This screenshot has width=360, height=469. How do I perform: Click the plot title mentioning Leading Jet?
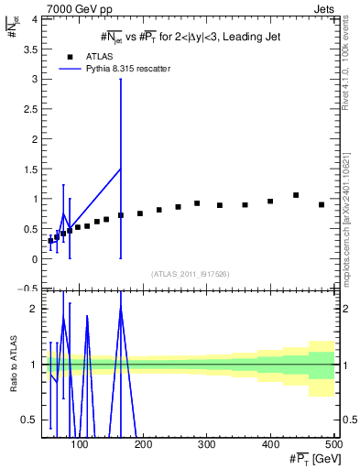[190, 36]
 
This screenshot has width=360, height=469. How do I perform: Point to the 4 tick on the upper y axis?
[32, 19]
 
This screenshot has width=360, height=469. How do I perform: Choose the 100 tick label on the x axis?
[81, 444]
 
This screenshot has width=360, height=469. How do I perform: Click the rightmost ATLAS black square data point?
[322, 205]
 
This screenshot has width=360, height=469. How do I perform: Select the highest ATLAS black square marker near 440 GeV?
[296, 195]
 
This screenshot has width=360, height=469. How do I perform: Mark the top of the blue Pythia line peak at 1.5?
[121, 169]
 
